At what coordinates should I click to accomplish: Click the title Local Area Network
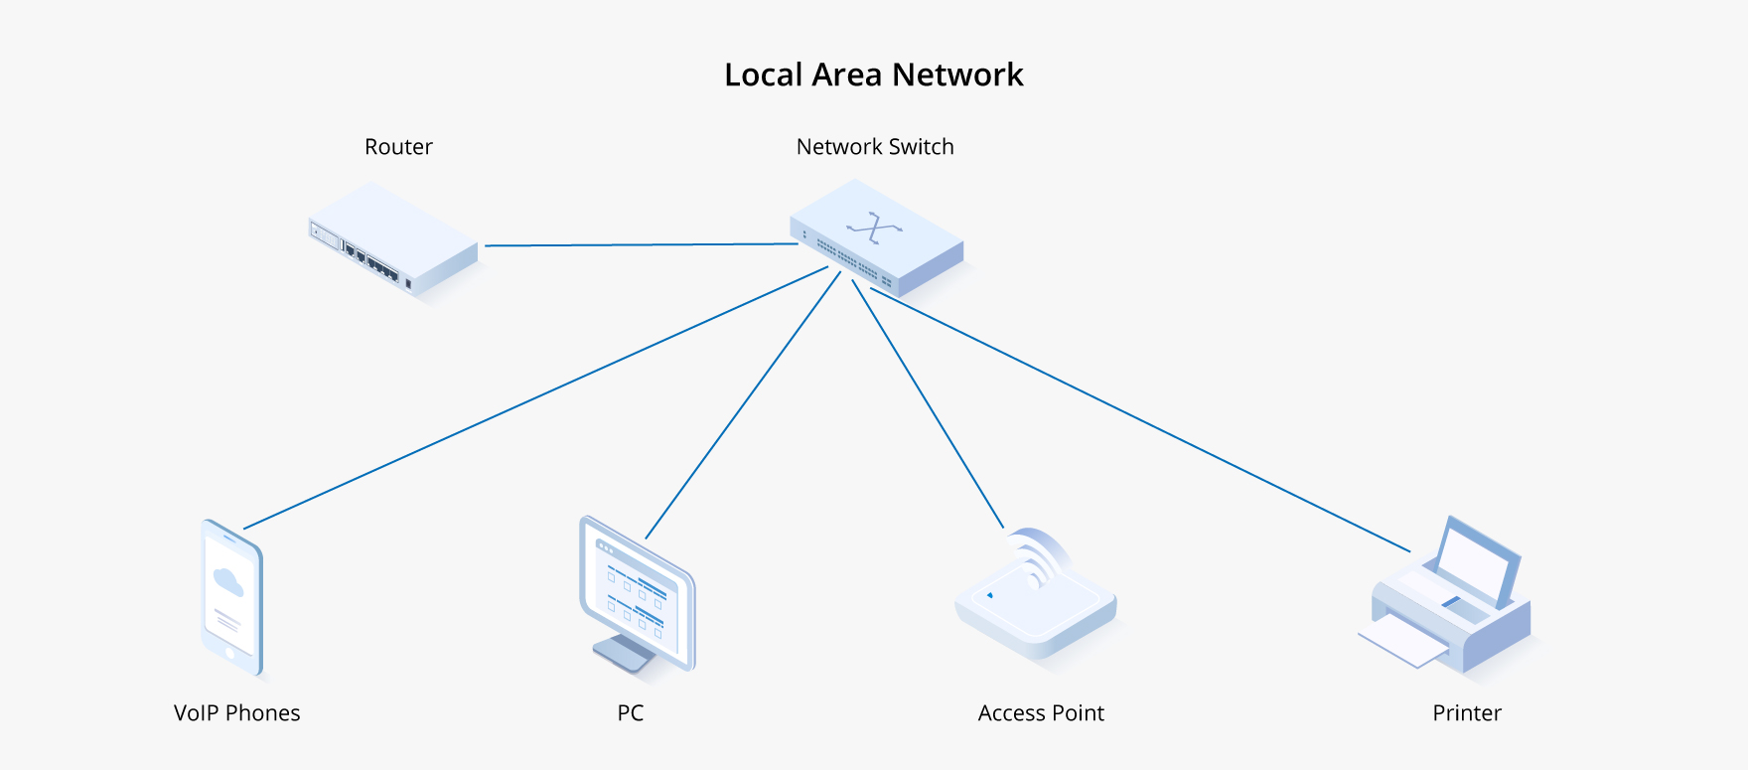click(873, 75)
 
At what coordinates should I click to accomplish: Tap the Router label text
click(398, 147)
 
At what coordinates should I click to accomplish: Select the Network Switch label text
click(875, 147)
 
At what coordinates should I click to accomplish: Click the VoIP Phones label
click(236, 713)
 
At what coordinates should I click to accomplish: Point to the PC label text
click(631, 713)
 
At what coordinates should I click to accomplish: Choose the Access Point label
click(1041, 713)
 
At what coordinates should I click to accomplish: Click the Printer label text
click(1467, 713)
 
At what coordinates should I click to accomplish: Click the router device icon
click(393, 238)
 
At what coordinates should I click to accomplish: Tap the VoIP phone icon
click(232, 598)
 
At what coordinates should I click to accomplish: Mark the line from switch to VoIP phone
click(536, 396)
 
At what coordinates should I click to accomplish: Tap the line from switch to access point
click(928, 402)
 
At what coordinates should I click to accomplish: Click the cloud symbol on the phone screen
click(228, 582)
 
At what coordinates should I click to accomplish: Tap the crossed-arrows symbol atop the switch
click(874, 228)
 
